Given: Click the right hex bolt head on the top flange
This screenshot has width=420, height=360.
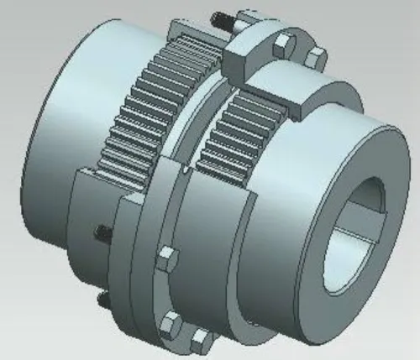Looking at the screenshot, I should (315, 57).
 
